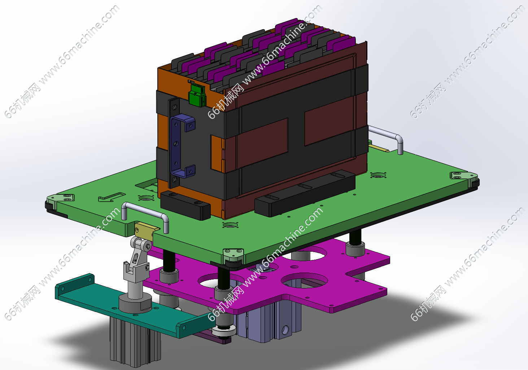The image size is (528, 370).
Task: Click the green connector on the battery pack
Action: (x=197, y=95)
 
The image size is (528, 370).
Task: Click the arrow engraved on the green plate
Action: (x=111, y=197)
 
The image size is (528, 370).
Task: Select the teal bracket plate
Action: (x=132, y=306)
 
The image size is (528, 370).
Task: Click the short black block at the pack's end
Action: (x=186, y=205)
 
